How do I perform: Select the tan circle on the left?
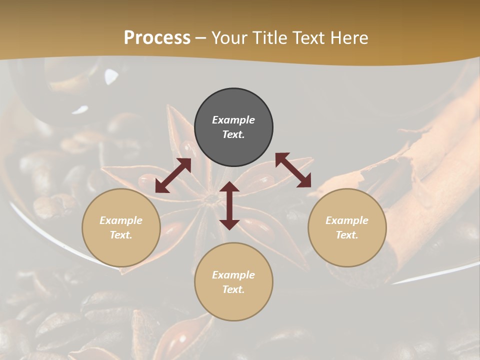121,227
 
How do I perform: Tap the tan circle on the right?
347,227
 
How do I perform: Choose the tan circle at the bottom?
233,282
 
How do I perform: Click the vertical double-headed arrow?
229,206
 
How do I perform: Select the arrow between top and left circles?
173,175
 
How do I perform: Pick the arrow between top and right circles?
293,170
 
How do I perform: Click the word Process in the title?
157,37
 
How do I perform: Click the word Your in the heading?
229,37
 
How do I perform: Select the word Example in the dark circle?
233,120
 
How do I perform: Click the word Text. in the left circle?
121,235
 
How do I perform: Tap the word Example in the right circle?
347,220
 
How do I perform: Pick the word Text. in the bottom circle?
233,289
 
